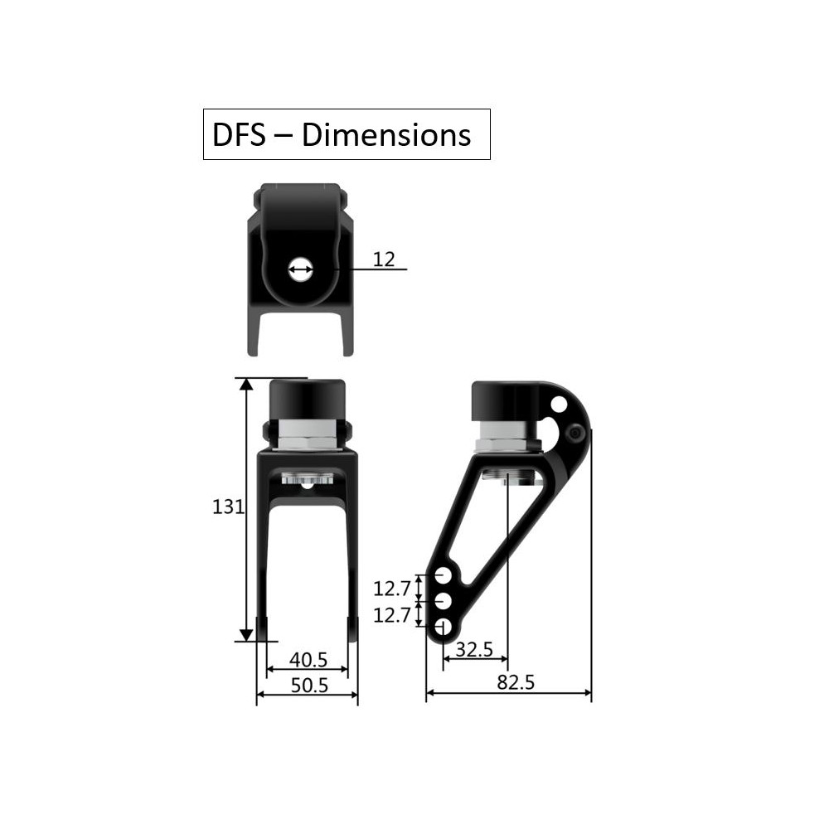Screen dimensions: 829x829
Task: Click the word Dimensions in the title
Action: click(x=386, y=135)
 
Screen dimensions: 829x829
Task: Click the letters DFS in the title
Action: click(x=239, y=135)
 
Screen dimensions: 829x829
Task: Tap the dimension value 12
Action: click(x=384, y=259)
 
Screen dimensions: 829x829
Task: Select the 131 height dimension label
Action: click(x=228, y=507)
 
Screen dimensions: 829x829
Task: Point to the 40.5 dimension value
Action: click(x=308, y=659)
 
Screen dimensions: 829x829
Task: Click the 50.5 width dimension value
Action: click(x=309, y=685)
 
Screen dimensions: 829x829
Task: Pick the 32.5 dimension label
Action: click(x=474, y=649)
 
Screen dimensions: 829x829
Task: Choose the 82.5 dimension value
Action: click(x=516, y=682)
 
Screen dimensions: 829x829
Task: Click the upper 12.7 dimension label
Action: click(x=392, y=588)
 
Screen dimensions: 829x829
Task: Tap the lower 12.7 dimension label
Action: click(x=392, y=615)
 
